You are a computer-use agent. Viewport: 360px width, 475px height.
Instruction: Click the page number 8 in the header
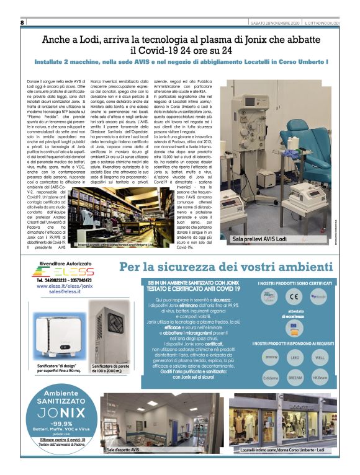click(x=22, y=23)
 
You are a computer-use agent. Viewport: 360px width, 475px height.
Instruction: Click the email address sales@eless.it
click(x=63, y=298)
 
